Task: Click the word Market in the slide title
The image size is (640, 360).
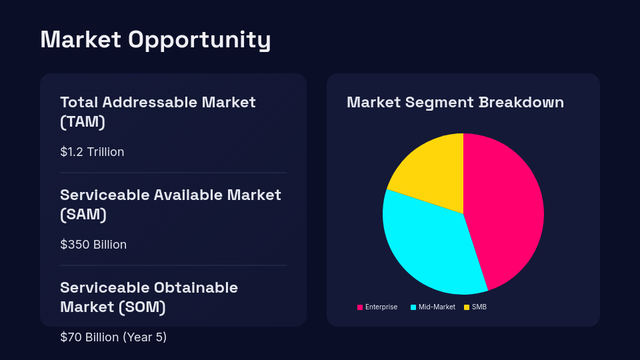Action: pyautogui.click(x=80, y=40)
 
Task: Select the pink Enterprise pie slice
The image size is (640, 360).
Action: pyautogui.click(x=507, y=207)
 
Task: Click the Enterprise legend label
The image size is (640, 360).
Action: pyautogui.click(x=381, y=307)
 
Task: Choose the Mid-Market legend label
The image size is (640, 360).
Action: pyautogui.click(x=437, y=307)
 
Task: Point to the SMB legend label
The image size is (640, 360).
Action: pyautogui.click(x=479, y=307)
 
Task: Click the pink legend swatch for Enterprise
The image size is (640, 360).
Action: pyautogui.click(x=360, y=307)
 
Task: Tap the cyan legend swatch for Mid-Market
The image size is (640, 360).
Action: pyautogui.click(x=413, y=307)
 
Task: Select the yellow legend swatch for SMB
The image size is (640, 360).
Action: pyautogui.click(x=467, y=307)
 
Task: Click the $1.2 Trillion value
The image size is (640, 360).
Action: pyautogui.click(x=92, y=152)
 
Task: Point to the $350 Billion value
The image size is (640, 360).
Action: pyautogui.click(x=93, y=245)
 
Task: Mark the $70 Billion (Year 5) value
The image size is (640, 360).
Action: pyautogui.click(x=113, y=337)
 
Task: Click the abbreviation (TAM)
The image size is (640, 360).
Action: pyautogui.click(x=83, y=122)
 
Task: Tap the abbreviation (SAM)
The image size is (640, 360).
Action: pyautogui.click(x=83, y=215)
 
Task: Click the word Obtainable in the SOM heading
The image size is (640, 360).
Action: pyautogui.click(x=196, y=288)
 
